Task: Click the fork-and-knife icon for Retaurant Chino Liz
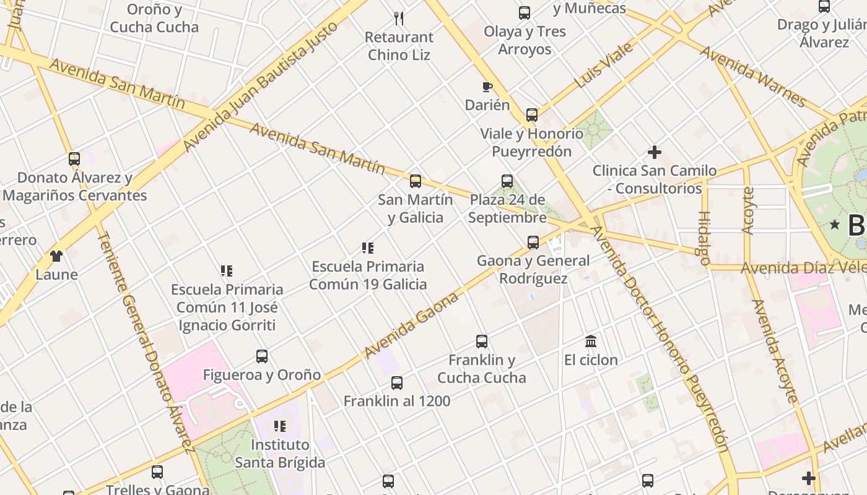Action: (399, 19)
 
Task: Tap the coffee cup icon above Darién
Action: (487, 87)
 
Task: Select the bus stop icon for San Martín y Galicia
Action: (416, 181)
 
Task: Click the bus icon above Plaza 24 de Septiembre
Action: (507, 181)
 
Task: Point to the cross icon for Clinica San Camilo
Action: (655, 152)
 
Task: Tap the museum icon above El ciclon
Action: (591, 341)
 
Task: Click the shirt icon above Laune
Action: (56, 256)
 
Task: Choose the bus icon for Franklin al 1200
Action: (397, 383)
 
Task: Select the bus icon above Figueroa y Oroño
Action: (262, 356)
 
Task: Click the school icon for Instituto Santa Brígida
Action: (280, 426)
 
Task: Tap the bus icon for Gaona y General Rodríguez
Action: (533, 242)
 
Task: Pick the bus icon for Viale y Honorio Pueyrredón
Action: (532, 114)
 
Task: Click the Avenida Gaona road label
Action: (411, 325)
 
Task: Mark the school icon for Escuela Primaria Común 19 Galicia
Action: (368, 248)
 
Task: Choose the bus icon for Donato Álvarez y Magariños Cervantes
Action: (74, 159)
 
